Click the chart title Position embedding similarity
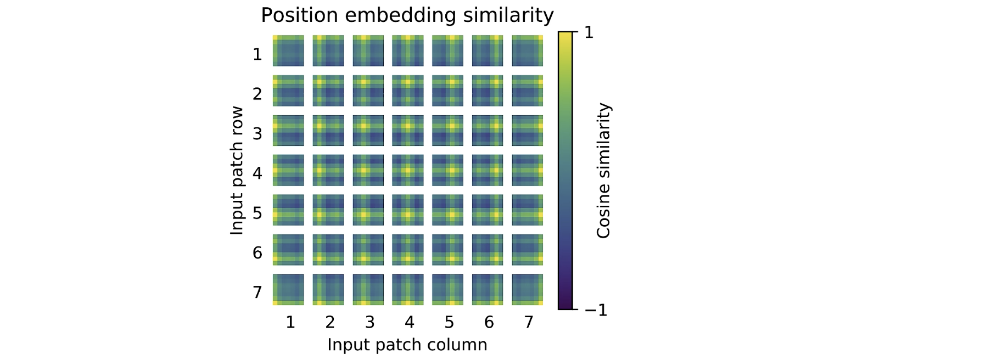click(x=407, y=15)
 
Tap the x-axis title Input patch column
click(x=407, y=345)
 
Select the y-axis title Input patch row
click(x=237, y=171)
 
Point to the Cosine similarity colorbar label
click(x=603, y=171)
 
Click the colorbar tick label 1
click(x=589, y=32)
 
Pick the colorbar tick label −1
click(x=596, y=310)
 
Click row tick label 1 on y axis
click(x=257, y=54)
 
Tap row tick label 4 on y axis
click(x=257, y=173)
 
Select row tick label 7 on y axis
click(x=257, y=292)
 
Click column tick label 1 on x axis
click(x=290, y=322)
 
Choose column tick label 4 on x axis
click(x=409, y=322)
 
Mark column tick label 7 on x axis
click(x=528, y=322)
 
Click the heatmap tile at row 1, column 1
click(x=288, y=51)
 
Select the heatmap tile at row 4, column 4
click(x=407, y=170)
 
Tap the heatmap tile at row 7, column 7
click(x=527, y=289)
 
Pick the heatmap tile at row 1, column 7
click(x=527, y=51)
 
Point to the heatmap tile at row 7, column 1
click(x=288, y=289)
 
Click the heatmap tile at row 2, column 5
click(x=447, y=91)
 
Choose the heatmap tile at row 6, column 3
click(x=368, y=250)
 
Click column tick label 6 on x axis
click(x=489, y=322)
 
